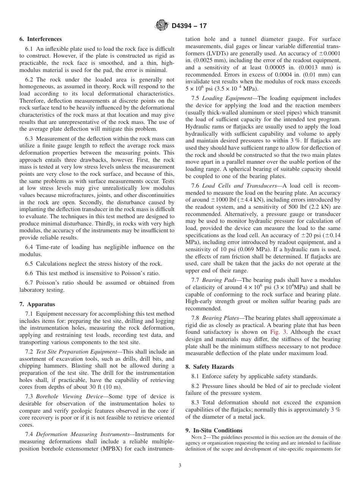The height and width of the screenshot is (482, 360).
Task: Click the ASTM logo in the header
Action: pos(161,26)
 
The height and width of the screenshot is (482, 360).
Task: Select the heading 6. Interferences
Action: pos(41,39)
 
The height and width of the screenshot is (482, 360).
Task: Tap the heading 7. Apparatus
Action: pos(37,304)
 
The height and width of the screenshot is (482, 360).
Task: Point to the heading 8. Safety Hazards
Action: pos(210,367)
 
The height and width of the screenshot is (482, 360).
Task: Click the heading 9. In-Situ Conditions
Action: pos(214,430)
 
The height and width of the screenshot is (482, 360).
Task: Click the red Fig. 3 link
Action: pos(275,332)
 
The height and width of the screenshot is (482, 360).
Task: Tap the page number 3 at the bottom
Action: pos(180,466)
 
